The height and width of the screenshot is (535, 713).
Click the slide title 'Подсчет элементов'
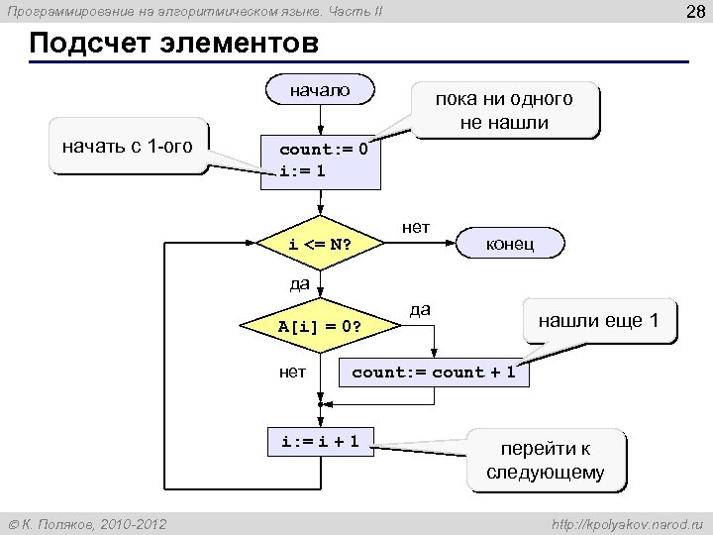[x=174, y=46]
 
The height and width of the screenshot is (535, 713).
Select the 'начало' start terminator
[x=320, y=90]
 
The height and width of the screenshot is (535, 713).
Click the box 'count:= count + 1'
[x=434, y=373]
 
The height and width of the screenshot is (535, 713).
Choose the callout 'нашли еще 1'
[x=598, y=321]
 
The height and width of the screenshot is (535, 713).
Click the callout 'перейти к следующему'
[x=545, y=459]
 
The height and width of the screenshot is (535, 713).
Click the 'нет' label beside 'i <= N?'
[x=416, y=227]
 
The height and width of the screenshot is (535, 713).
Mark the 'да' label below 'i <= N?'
[x=299, y=284]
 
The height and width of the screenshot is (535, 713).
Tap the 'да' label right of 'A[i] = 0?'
[x=420, y=309]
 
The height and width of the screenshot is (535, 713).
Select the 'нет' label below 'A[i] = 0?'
[x=292, y=372]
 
